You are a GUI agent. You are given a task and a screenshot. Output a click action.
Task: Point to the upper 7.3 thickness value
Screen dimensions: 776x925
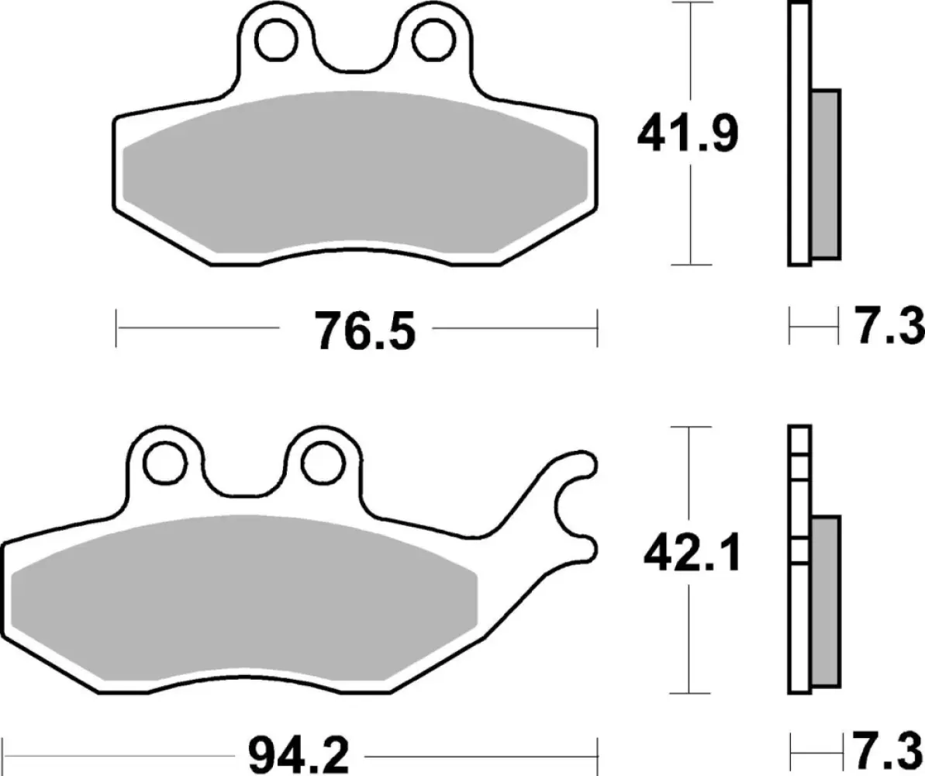[890, 327]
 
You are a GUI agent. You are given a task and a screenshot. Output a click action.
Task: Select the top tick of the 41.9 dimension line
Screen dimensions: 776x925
[689, 3]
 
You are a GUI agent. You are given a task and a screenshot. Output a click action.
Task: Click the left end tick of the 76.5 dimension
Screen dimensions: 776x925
[116, 328]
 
